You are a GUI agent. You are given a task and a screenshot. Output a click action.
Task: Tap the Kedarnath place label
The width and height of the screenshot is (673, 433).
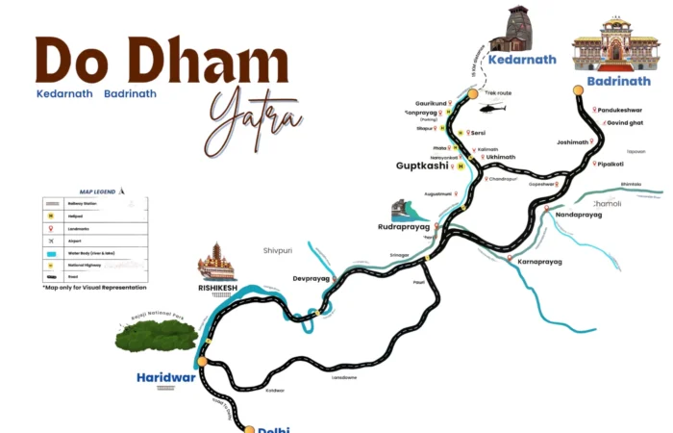click(x=522, y=60)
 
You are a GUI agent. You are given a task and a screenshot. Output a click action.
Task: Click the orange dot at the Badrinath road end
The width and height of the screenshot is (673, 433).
click(x=579, y=92)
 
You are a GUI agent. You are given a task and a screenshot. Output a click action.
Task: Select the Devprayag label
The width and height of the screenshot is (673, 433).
click(x=311, y=278)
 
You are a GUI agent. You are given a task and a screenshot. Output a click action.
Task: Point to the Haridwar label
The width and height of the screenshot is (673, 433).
click(x=165, y=376)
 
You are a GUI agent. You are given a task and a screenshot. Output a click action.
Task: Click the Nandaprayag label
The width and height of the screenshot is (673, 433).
click(x=579, y=215)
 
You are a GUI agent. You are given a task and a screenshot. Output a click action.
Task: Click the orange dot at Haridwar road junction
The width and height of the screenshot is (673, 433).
click(x=203, y=361)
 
